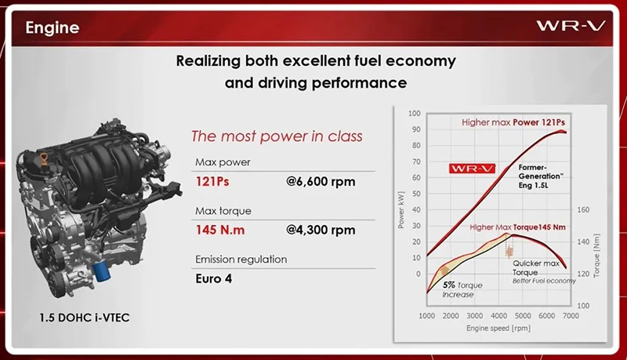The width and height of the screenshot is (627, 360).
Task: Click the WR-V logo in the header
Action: pyautogui.click(x=571, y=26)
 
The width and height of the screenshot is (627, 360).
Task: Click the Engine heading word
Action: pyautogui.click(x=53, y=28)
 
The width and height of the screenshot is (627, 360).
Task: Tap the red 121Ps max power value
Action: pyautogui.click(x=212, y=182)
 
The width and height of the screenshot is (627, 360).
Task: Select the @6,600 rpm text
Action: pyautogui.click(x=321, y=182)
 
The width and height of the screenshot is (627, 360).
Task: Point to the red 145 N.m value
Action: pyautogui.click(x=220, y=230)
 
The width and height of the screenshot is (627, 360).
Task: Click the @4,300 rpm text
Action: pyautogui.click(x=321, y=230)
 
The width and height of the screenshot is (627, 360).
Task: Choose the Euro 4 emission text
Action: pyautogui.click(x=213, y=278)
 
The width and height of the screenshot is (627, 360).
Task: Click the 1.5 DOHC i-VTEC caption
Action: pyautogui.click(x=85, y=318)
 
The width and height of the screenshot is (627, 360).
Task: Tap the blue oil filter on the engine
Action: pyautogui.click(x=101, y=272)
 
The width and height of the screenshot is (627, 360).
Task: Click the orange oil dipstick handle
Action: pyautogui.click(x=44, y=158)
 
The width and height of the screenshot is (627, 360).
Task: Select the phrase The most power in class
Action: pyautogui.click(x=277, y=136)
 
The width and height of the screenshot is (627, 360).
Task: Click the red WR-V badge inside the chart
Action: pyautogui.click(x=473, y=169)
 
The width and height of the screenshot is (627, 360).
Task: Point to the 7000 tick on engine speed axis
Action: pyautogui.click(x=571, y=315)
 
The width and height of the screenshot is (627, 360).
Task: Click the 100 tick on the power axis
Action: pyautogui.click(x=415, y=113)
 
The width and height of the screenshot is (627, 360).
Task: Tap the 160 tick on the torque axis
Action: pyautogui.click(x=583, y=209)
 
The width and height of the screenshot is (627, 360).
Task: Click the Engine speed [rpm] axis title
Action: pyautogui.click(x=498, y=329)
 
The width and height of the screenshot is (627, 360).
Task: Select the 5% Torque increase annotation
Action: pyautogui.click(x=462, y=289)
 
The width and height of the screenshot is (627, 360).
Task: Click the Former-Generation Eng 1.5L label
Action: pyautogui.click(x=541, y=176)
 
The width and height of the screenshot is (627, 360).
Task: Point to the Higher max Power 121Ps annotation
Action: pyautogui.click(x=513, y=122)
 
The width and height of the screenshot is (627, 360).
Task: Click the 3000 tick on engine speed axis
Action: pyautogui.click(x=475, y=315)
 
